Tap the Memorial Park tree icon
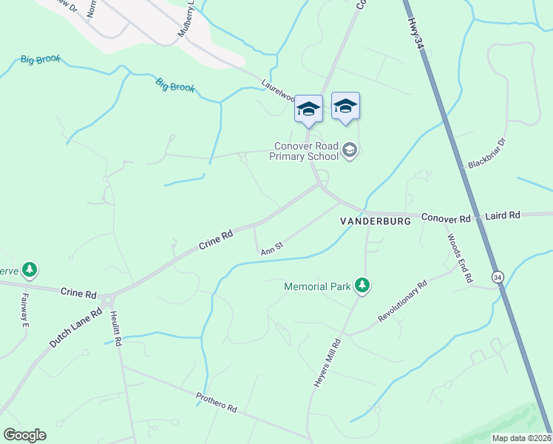(x=362, y=285)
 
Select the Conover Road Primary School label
(x=304, y=151)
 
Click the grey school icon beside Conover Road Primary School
(x=350, y=152)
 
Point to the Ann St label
(x=272, y=248)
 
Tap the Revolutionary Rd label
(x=403, y=300)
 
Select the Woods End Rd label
(x=458, y=258)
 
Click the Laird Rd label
(x=503, y=215)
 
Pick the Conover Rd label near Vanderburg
(x=446, y=218)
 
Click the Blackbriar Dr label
(x=486, y=153)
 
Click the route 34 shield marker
(x=497, y=276)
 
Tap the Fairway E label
(x=24, y=310)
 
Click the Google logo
(x=24, y=435)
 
